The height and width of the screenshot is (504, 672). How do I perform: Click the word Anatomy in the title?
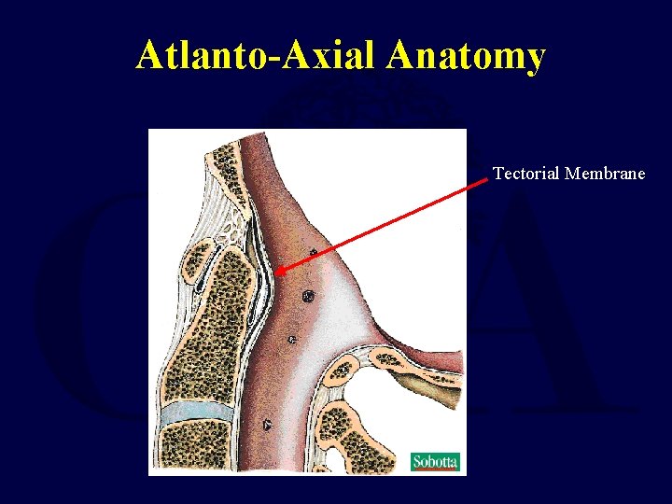point(466,56)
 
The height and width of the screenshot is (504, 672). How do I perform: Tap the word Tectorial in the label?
point(526,173)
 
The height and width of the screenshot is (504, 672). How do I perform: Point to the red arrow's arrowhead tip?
point(277,272)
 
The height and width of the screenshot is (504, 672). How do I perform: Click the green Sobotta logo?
point(436,462)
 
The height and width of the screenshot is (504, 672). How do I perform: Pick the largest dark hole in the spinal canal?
point(307,296)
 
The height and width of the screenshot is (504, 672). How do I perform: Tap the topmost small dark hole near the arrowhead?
point(314,252)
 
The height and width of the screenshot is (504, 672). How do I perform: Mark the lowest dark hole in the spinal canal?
point(268,426)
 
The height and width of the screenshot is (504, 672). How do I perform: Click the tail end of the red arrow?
point(487,179)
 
